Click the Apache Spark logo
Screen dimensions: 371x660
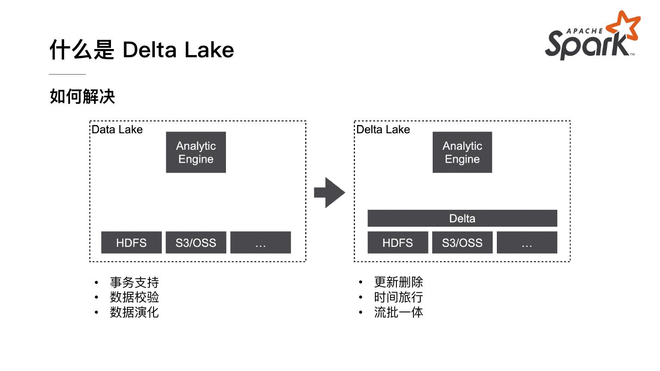click(592, 37)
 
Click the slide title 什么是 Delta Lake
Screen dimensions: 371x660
click(142, 50)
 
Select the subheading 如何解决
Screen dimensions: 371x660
click(82, 97)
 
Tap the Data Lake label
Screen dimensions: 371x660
click(117, 130)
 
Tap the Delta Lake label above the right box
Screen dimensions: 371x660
click(383, 130)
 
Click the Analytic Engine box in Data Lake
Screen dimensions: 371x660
click(196, 153)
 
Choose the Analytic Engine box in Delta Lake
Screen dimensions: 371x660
click(462, 153)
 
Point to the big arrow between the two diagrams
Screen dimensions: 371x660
click(329, 193)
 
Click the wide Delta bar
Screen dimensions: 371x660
click(462, 218)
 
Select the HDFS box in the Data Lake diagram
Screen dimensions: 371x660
click(132, 243)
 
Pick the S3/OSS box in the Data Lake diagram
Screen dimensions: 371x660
click(196, 243)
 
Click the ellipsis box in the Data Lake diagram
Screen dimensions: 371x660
click(260, 243)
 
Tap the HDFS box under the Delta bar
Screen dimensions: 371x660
click(397, 243)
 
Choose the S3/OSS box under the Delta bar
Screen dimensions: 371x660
click(462, 243)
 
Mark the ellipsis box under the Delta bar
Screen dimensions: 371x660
click(527, 243)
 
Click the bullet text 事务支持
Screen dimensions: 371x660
click(134, 282)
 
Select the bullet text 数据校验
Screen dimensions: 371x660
click(134, 297)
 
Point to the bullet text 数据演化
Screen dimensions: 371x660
click(134, 312)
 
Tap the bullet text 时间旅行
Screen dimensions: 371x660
click(398, 297)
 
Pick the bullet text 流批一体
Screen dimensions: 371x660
click(398, 312)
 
